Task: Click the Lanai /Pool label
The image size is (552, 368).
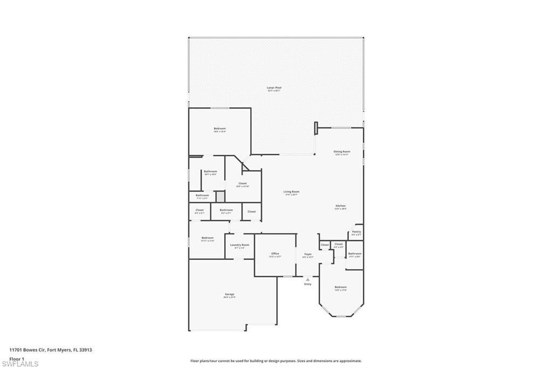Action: click(274, 87)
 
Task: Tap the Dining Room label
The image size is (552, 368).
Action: click(342, 152)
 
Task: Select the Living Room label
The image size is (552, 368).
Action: click(292, 192)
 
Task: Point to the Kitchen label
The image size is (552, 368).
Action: click(341, 206)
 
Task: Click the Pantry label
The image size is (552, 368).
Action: click(356, 231)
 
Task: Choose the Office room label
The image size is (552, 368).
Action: click(275, 254)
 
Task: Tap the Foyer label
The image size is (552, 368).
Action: click(308, 254)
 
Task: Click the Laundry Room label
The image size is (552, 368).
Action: click(239, 245)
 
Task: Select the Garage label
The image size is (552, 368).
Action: click(230, 294)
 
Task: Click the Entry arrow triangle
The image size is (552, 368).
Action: click(308, 280)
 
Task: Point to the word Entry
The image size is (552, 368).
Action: click(308, 284)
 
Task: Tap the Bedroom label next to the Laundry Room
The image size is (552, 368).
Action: click(208, 238)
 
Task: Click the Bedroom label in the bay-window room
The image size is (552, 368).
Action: click(340, 287)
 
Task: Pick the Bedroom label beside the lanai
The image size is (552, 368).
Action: click(219, 128)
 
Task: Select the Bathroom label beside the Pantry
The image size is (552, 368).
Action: click(355, 254)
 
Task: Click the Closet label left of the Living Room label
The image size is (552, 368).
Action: click(243, 183)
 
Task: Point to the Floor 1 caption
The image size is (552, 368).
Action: click(17, 358)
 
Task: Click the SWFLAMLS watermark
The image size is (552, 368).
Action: click(20, 364)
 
